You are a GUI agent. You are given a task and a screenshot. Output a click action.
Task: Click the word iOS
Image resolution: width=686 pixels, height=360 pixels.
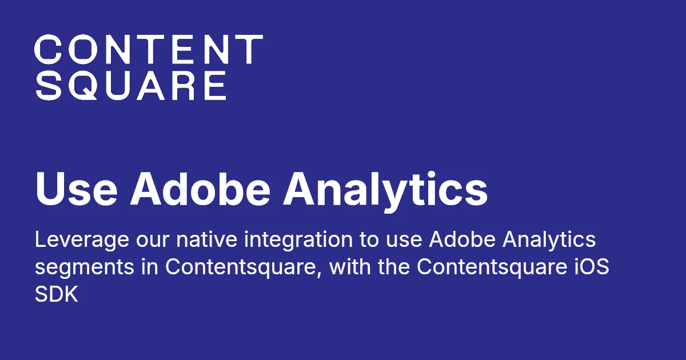590,267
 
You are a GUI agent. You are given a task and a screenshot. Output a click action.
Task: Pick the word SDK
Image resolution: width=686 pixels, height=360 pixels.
56,295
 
